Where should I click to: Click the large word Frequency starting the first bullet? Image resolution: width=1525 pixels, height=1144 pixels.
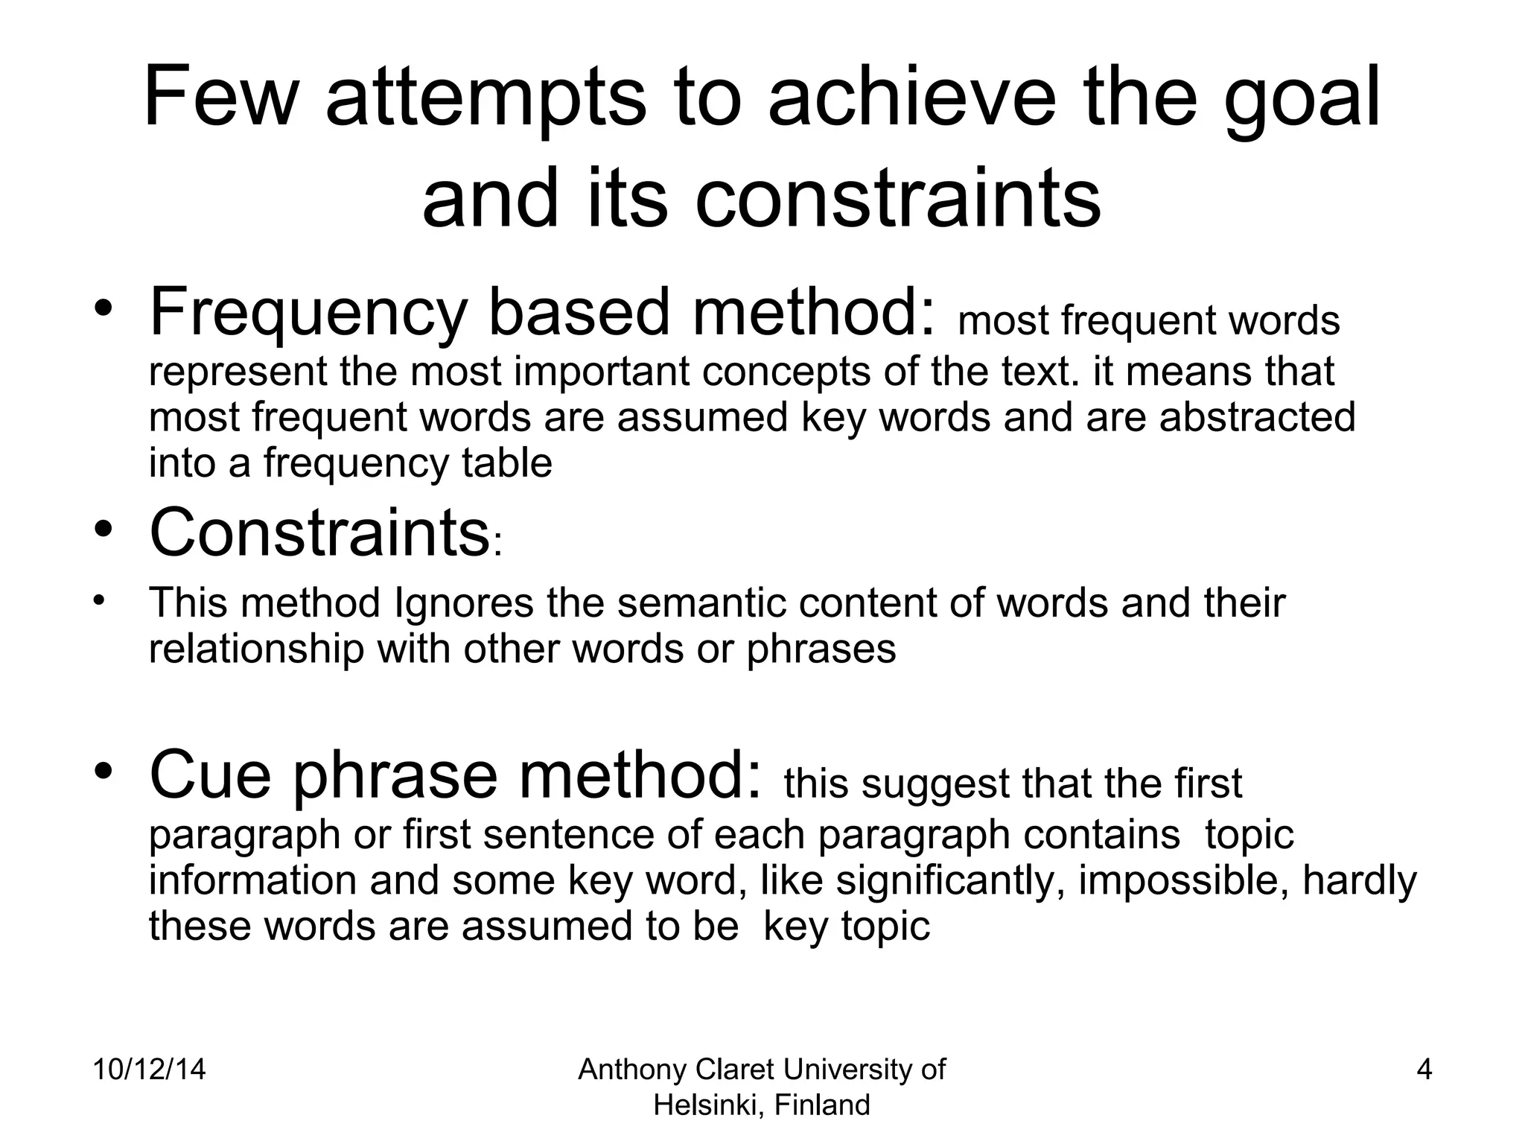pyautogui.click(x=308, y=313)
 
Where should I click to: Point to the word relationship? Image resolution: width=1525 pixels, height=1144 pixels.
pyautogui.click(x=256, y=648)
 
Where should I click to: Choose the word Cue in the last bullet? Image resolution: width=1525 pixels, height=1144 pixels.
pyautogui.click(x=211, y=775)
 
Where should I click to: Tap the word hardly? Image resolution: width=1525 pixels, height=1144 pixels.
pyautogui.click(x=1359, y=880)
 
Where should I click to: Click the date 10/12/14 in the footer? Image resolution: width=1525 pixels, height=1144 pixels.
pyautogui.click(x=149, y=1070)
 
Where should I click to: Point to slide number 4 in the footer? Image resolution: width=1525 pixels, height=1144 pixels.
pyautogui.click(x=1424, y=1070)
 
